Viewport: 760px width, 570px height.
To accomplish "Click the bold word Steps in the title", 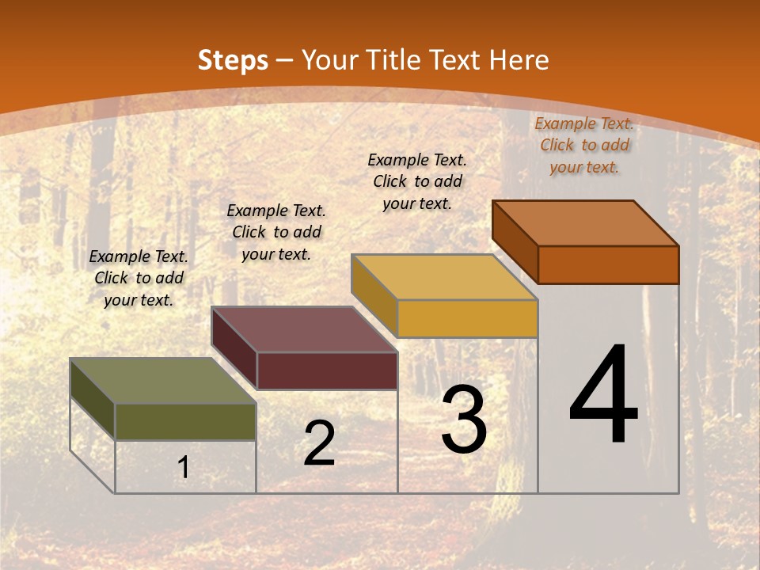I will [233, 60].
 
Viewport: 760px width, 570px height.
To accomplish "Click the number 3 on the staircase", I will [464, 420].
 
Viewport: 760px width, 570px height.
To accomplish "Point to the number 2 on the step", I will [319, 443].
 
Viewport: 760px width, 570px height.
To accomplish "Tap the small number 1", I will [184, 467].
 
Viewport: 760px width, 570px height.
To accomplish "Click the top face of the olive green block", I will [162, 380].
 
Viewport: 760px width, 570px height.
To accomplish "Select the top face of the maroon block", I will [303, 329].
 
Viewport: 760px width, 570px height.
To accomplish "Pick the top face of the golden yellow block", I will [444, 277].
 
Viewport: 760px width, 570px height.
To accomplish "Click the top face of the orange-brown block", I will [585, 223].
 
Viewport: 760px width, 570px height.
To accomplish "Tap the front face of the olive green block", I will [186, 422].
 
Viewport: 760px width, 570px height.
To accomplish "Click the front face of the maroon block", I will [327, 370].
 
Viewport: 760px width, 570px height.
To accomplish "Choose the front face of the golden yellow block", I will [468, 318].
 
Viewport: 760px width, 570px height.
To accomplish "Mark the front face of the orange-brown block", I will [608, 264].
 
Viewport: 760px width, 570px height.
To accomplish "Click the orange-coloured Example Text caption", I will [584, 145].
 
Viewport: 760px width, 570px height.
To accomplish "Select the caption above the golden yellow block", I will [417, 181].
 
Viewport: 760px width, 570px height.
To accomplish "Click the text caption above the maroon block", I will [276, 232].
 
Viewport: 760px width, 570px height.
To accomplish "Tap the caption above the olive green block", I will [139, 278].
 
